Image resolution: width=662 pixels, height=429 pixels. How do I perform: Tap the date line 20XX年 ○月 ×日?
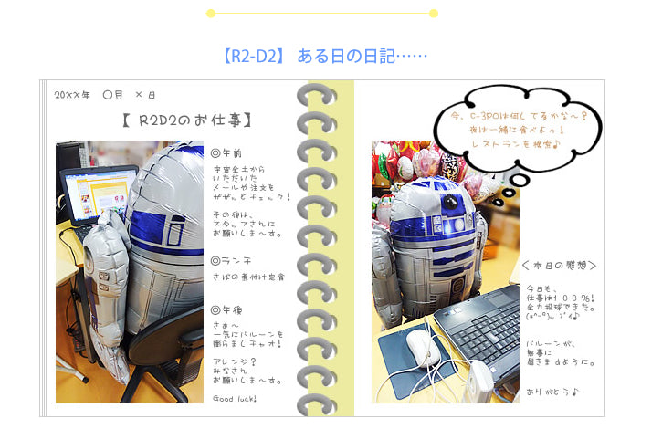105,95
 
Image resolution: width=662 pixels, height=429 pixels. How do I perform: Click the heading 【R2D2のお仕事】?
186,120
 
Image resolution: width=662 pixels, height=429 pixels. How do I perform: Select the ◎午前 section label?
227,153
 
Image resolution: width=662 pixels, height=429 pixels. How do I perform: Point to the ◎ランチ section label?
230,261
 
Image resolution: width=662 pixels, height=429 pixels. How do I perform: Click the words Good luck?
235,399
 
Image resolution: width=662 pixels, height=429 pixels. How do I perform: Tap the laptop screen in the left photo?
97,195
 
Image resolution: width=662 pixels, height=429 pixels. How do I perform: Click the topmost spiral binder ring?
317,95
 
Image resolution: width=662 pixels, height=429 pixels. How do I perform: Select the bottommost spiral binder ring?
317,398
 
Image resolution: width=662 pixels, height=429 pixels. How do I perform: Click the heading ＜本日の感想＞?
560,266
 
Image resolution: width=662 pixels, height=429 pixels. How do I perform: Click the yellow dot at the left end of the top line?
211,13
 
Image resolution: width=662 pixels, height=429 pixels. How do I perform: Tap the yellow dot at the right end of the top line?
434,13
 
